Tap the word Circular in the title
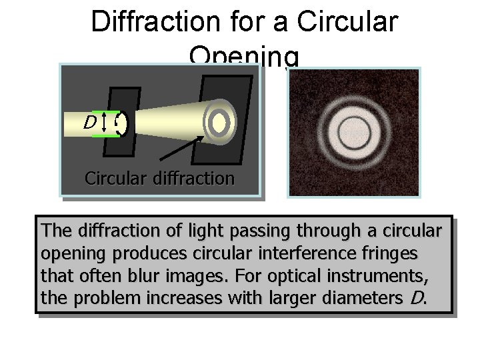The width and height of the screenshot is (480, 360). tap(347, 21)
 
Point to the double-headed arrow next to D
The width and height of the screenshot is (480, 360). tap(106, 123)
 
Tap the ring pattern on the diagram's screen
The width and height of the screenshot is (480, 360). tap(219, 121)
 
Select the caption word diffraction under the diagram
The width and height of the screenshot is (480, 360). tap(194, 179)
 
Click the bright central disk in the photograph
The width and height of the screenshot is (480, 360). tap(353, 132)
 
